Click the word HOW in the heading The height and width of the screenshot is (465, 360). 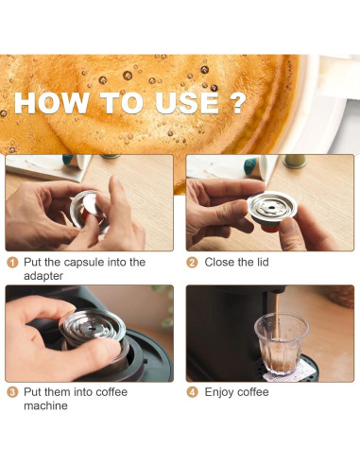tap(56, 104)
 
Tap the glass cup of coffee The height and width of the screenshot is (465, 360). tap(281, 345)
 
